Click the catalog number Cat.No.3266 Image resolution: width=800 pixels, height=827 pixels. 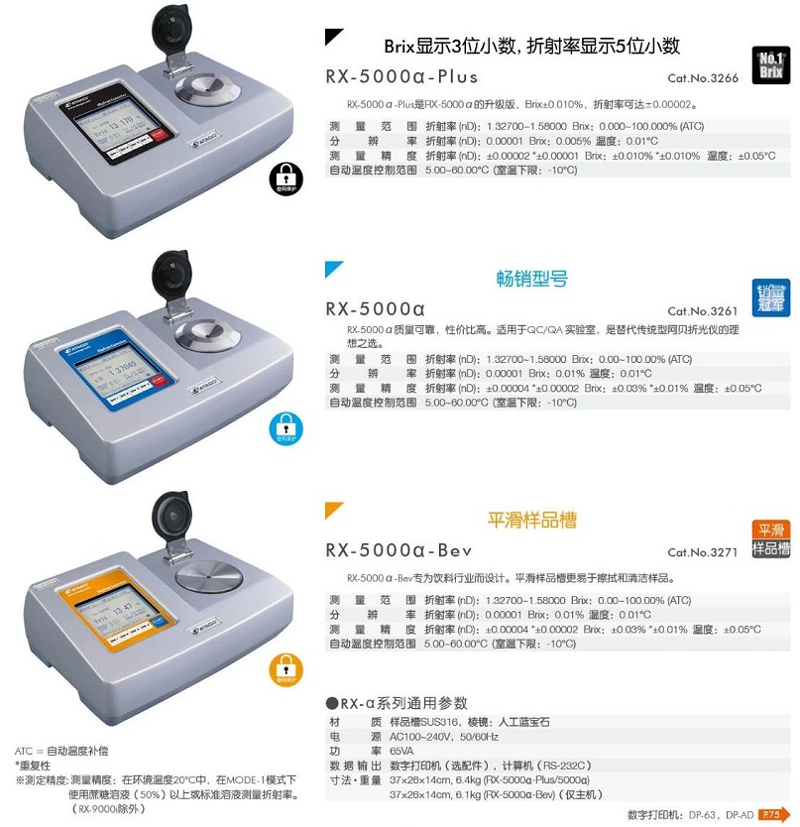point(703,78)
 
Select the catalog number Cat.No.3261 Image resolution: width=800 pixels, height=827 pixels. point(703,310)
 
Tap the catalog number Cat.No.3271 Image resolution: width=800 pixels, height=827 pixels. point(703,552)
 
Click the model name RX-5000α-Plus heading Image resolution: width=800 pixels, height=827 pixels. point(401,76)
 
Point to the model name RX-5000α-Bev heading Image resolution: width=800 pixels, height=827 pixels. point(399,551)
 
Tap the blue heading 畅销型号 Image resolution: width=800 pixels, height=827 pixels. point(531,279)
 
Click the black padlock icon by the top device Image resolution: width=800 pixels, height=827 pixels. point(284,178)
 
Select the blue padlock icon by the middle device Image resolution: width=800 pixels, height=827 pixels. point(284,426)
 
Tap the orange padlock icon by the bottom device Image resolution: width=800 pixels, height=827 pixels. point(284,671)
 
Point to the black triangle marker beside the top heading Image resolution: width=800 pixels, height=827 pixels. point(333,39)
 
